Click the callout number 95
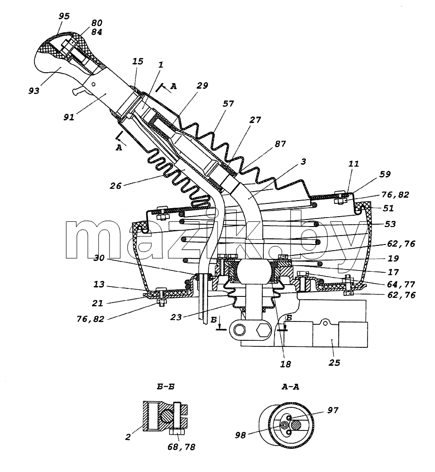[64, 16]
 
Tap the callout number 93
[34, 90]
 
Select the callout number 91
[69, 117]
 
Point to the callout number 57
[228, 103]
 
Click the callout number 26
[115, 185]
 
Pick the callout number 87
[280, 143]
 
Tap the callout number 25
[334, 362]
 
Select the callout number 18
[285, 364]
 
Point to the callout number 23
[176, 317]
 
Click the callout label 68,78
[181, 447]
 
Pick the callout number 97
[333, 410]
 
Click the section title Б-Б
[166, 387]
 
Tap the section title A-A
[290, 387]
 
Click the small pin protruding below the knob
[78, 90]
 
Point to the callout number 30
[99, 258]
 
